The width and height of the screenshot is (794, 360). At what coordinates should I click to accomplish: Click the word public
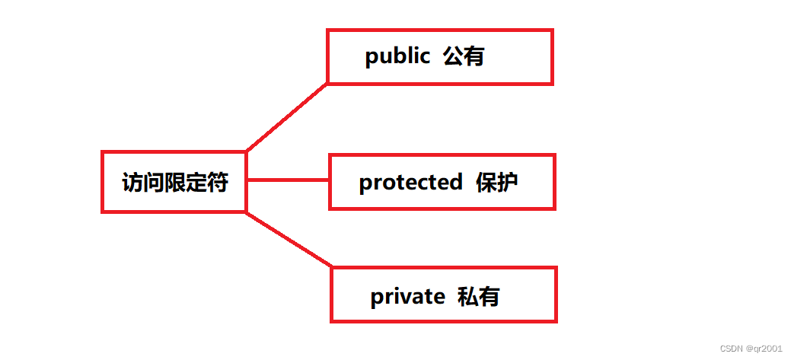click(x=397, y=57)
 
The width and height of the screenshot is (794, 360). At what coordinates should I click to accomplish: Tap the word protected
click(x=410, y=183)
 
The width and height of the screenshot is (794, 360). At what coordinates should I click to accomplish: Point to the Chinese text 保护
click(x=497, y=183)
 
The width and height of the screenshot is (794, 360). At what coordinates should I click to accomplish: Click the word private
click(x=407, y=296)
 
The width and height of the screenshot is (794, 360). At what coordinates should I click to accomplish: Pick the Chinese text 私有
click(x=478, y=296)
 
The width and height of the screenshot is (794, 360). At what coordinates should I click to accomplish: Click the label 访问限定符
click(x=175, y=183)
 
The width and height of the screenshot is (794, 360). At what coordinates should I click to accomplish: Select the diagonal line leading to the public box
click(x=287, y=116)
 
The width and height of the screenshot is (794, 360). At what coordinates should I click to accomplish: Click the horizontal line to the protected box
click(x=288, y=181)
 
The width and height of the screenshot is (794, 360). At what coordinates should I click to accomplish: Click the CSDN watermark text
click(x=732, y=349)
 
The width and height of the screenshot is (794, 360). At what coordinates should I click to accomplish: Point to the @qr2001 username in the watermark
click(x=764, y=349)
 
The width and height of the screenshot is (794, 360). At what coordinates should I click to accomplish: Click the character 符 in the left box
click(x=218, y=183)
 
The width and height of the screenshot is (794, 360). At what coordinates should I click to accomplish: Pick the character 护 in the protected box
click(x=508, y=183)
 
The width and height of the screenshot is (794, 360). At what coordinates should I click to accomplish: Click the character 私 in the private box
click(x=467, y=296)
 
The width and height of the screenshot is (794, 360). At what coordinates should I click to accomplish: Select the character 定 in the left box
click(x=196, y=183)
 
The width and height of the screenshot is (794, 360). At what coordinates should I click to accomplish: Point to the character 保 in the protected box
click(x=486, y=183)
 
